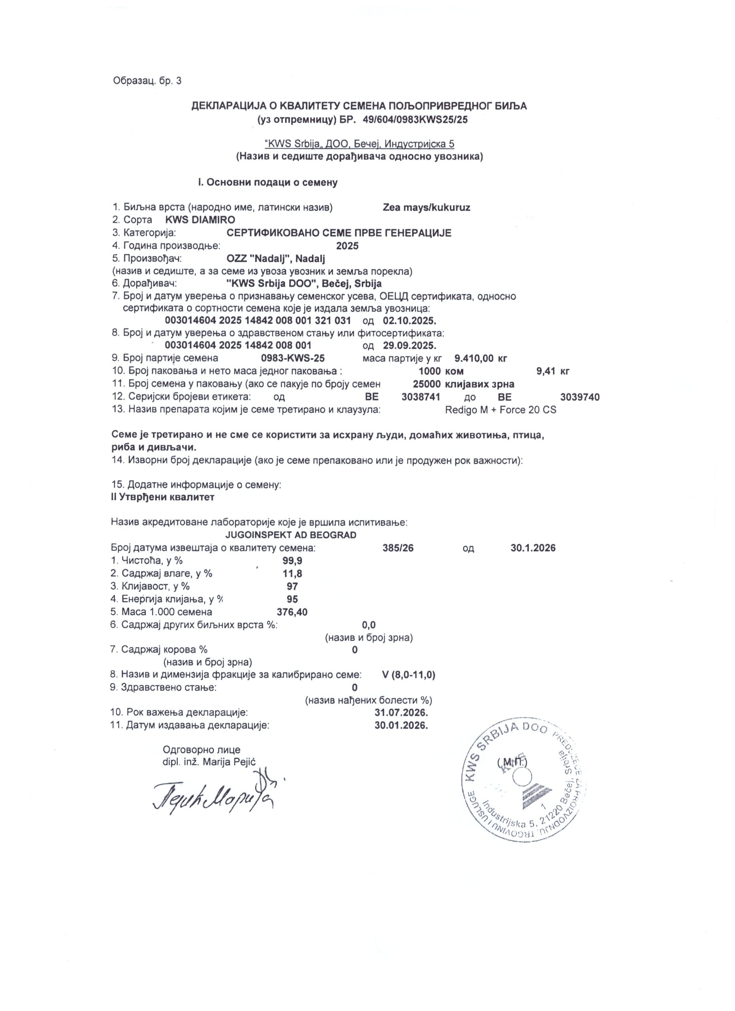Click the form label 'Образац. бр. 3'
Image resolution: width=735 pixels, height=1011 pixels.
[147, 81]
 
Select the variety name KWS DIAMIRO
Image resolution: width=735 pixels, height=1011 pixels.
[200, 220]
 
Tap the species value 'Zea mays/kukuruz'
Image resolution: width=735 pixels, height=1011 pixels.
[426, 207]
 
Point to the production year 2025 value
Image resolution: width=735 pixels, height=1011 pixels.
[347, 246]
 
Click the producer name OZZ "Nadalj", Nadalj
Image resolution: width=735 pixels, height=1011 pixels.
[276, 259]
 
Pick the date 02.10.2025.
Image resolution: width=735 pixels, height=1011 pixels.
[409, 321]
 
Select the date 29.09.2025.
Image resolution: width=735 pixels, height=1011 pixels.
[409, 346]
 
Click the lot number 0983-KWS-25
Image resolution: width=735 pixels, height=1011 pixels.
[293, 358]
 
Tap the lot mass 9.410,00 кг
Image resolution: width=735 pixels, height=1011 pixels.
[481, 358]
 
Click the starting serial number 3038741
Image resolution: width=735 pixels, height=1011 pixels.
[421, 397]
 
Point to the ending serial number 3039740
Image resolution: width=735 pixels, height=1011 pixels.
[579, 397]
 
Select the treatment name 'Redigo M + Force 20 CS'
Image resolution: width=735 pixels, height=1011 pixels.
[500, 410]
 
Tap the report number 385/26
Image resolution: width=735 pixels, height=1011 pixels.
[398, 548]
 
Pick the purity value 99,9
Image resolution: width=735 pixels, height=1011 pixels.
[292, 561]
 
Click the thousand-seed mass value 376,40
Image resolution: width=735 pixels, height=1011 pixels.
[292, 612]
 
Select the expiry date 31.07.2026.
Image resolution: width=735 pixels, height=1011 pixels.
[402, 712]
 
